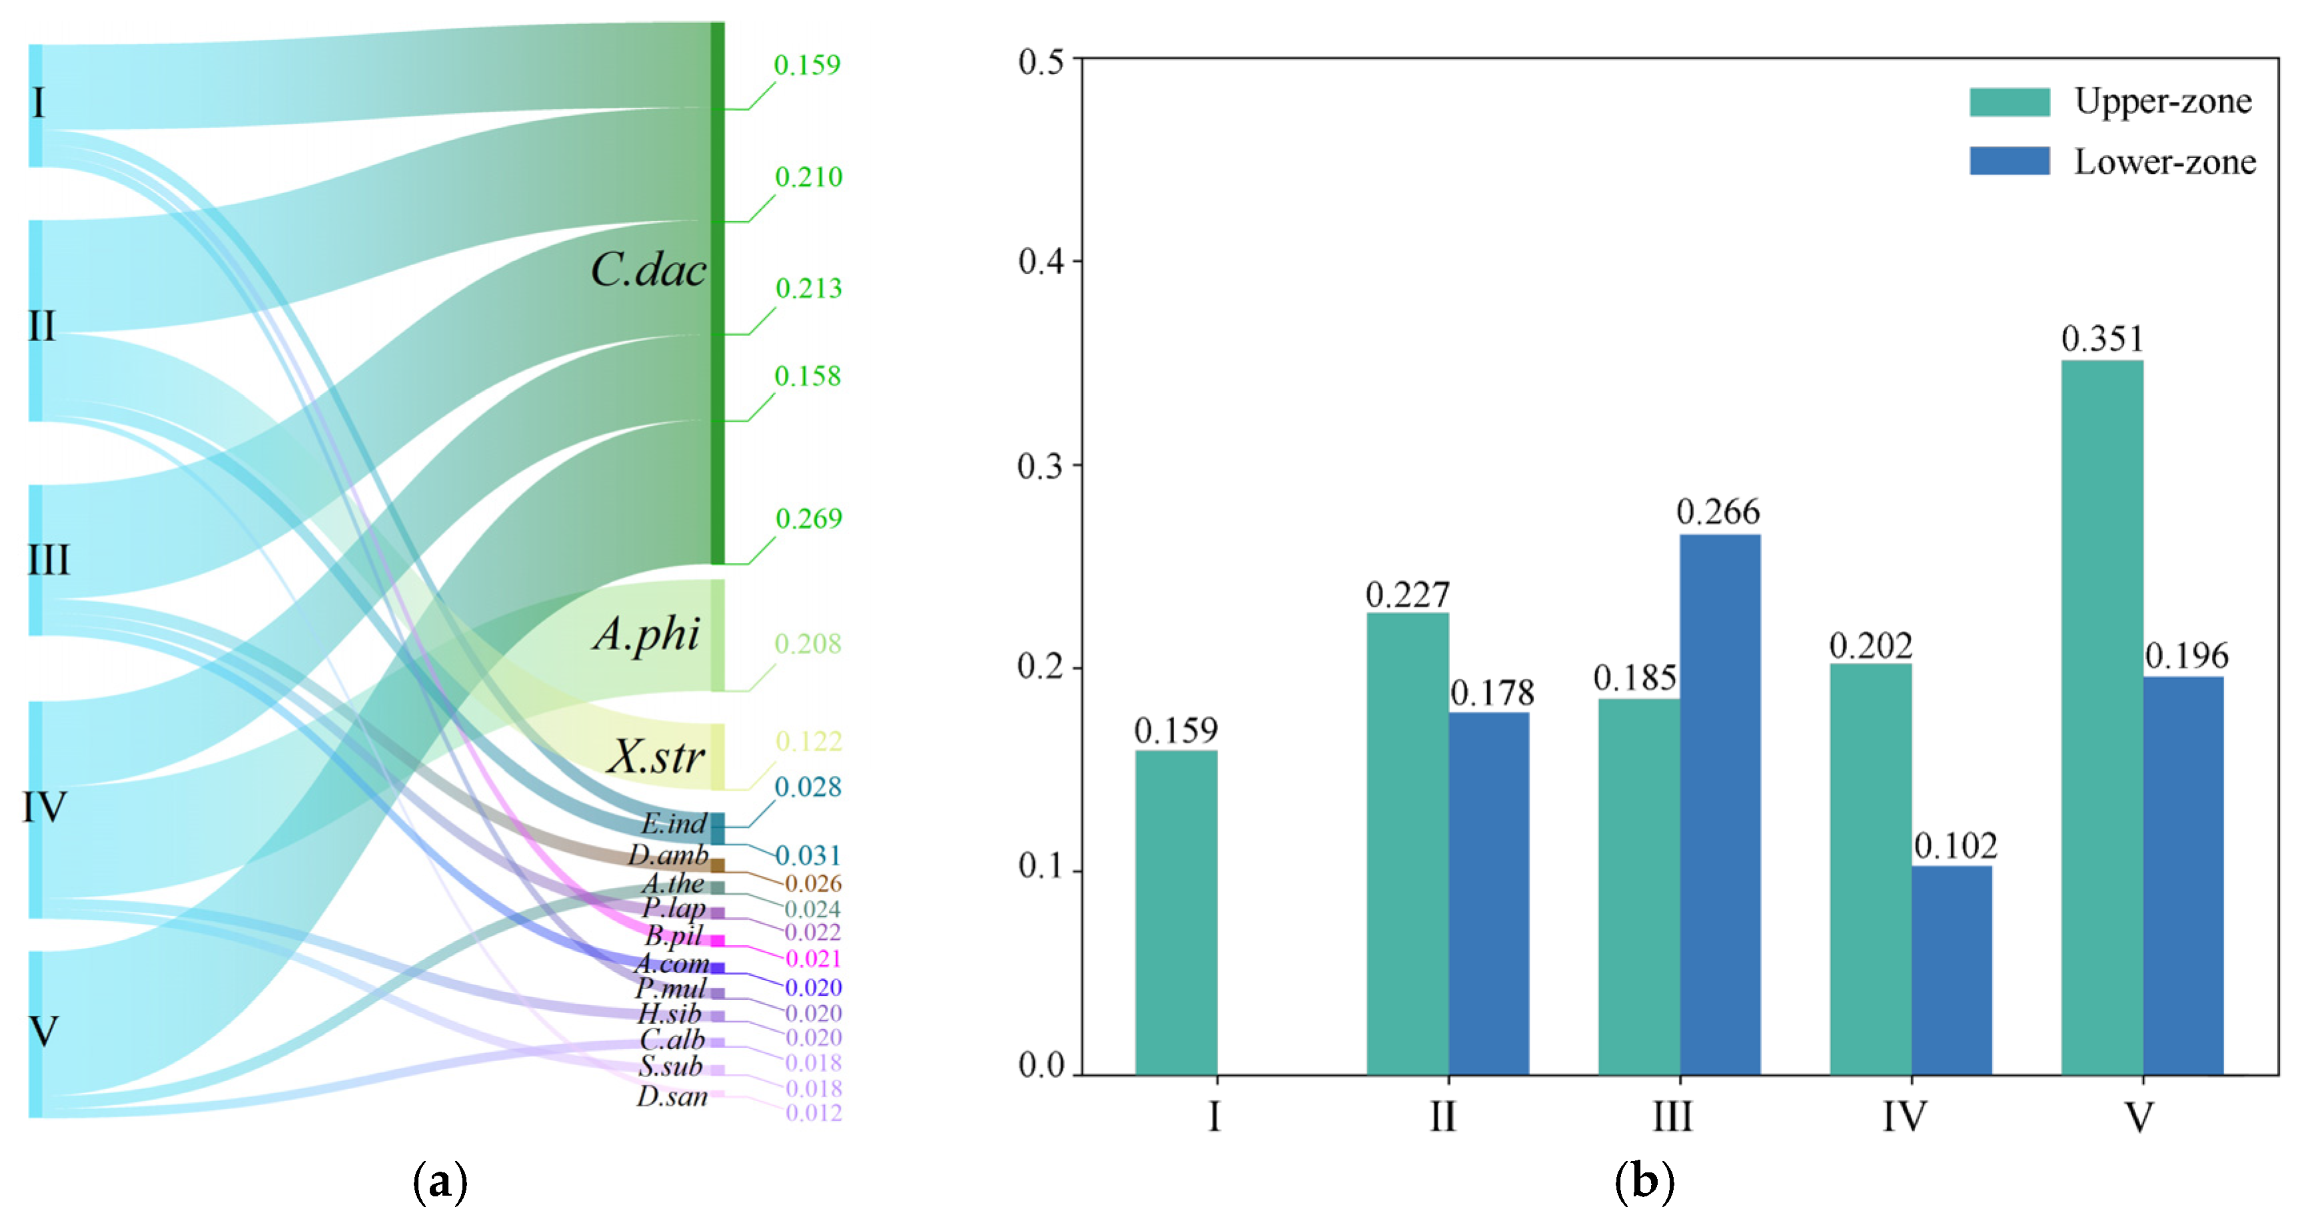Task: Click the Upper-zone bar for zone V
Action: [x=2102, y=717]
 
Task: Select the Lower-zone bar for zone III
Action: [x=1720, y=804]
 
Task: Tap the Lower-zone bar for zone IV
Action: [x=1952, y=970]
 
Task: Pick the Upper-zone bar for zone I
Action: [x=1176, y=913]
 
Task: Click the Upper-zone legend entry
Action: [x=2111, y=102]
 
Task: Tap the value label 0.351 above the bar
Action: [x=2103, y=339]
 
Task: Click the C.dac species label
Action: [x=648, y=269]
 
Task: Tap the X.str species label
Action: [x=656, y=757]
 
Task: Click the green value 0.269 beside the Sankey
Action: [x=809, y=519]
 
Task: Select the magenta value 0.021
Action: [x=813, y=959]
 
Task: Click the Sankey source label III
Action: [x=48, y=560]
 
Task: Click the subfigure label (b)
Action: [x=1644, y=1182]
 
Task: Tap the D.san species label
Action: [x=672, y=1096]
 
